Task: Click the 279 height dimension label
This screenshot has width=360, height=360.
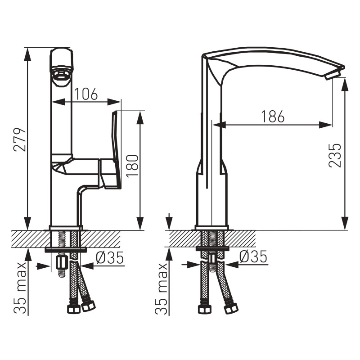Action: pos(20,139)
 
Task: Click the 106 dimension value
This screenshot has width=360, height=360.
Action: pos(86,94)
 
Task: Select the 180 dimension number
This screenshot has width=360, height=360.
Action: pos(132,166)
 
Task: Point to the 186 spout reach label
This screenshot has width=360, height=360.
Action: pos(273,116)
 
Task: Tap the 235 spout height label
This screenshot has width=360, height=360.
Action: pos(335,155)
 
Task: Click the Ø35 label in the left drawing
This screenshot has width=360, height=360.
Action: pos(110,257)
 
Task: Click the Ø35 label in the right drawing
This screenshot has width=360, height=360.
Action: pos(253,256)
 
